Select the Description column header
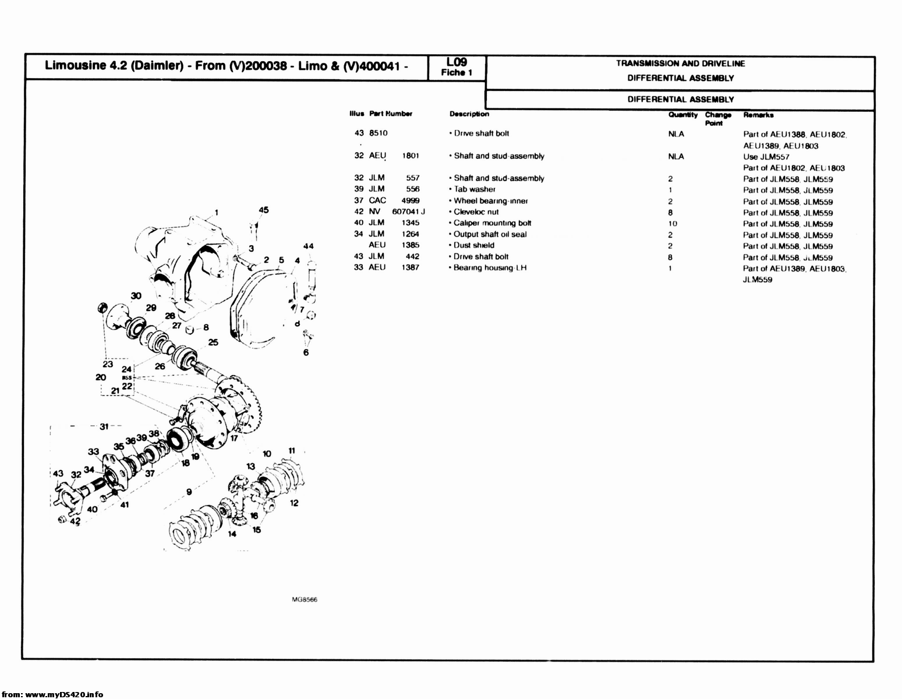469,114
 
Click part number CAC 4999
394,200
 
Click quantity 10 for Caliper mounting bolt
673,224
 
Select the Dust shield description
473,245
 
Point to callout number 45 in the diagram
264,210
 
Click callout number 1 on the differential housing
216,212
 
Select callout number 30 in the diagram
136,296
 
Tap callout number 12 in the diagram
294,503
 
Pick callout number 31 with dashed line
104,427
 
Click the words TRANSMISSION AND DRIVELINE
680,63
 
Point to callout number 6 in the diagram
306,352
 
